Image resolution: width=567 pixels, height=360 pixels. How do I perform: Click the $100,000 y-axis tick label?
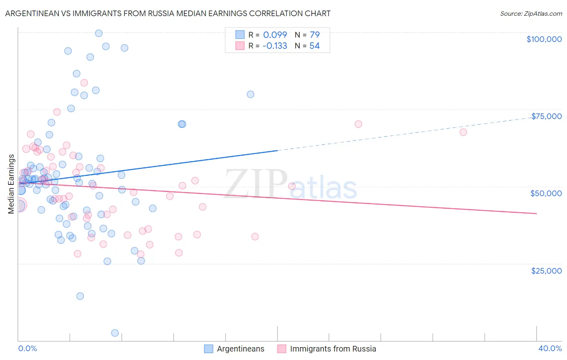click(544, 39)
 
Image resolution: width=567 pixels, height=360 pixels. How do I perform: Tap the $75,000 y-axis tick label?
click(546, 116)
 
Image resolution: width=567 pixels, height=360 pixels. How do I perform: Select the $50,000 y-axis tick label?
click(546, 193)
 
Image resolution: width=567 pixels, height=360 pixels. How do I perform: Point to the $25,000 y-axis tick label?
click(546, 270)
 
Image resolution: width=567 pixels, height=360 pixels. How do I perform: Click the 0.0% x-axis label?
click(27, 348)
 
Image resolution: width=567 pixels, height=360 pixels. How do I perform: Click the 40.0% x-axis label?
click(550, 348)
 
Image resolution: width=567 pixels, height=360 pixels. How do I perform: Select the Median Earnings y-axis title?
click(11, 184)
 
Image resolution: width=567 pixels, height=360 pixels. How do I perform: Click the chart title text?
click(168, 13)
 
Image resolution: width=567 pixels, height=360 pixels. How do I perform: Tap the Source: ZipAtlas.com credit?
click(531, 14)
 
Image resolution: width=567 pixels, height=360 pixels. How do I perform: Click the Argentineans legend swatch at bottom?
click(208, 349)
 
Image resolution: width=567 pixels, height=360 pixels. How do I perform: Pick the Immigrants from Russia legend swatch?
click(281, 349)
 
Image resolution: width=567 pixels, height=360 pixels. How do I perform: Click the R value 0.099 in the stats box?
click(275, 35)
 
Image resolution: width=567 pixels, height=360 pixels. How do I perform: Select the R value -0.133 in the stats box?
click(275, 46)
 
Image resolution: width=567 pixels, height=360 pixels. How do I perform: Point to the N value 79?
click(315, 35)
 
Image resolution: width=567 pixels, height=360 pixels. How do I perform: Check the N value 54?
click(315, 46)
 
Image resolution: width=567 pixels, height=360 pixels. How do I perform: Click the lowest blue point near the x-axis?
click(115, 333)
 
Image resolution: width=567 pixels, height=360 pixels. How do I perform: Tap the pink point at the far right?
click(463, 132)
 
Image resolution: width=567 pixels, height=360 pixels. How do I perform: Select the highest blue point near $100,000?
click(99, 33)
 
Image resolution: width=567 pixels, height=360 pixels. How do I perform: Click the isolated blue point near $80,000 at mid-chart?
click(250, 94)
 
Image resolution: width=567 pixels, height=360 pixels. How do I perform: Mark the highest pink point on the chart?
click(84, 83)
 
